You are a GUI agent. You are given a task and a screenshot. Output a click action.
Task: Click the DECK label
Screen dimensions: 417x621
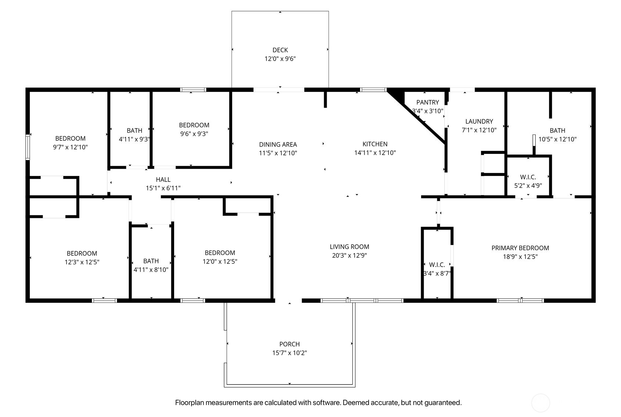point(280,50)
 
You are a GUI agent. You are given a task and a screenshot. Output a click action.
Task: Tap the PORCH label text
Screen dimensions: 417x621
point(290,344)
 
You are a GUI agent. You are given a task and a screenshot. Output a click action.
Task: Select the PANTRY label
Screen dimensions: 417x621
point(427,102)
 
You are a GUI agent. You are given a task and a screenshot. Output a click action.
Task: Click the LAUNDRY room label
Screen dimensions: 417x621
point(479,121)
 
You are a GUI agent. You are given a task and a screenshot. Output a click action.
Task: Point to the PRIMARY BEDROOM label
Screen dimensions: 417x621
point(520,248)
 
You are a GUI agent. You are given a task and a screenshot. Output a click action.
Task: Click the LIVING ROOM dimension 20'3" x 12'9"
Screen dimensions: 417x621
point(349,256)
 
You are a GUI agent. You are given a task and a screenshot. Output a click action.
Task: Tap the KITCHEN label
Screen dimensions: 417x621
point(375,144)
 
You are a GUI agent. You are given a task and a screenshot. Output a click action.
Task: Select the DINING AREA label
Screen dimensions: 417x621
point(278,144)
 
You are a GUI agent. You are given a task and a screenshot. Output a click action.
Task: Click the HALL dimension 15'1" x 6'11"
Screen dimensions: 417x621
point(163,188)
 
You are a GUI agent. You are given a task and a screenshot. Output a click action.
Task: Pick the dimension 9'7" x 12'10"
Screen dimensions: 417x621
point(70,147)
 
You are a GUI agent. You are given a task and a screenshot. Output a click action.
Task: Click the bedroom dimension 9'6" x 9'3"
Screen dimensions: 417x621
point(194,134)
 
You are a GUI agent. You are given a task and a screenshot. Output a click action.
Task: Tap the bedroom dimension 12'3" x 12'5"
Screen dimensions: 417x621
point(82,262)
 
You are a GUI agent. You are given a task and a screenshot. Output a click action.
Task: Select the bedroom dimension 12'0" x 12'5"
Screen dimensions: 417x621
point(220,262)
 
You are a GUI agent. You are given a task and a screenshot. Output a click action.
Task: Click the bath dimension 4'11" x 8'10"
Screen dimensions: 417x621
point(151,270)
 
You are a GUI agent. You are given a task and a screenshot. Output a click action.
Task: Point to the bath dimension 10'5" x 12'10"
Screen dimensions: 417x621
point(557,139)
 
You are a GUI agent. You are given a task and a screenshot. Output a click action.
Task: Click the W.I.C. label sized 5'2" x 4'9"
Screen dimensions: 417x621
point(528,177)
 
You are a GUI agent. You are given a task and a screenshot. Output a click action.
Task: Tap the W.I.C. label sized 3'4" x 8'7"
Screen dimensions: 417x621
point(437,265)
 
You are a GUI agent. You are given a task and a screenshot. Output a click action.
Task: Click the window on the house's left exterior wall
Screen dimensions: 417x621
point(27,147)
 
